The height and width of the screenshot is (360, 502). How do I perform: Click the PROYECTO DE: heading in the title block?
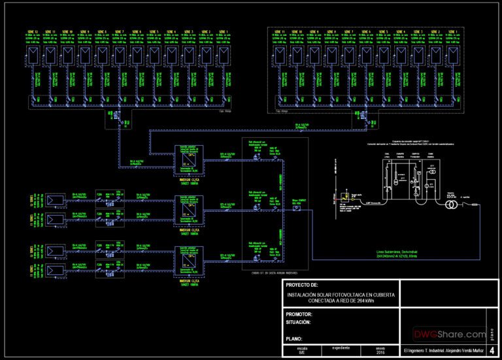coord(302,285)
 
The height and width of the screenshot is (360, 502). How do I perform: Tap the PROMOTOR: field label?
coord(301,314)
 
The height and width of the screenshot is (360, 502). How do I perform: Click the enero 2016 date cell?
coord(378,350)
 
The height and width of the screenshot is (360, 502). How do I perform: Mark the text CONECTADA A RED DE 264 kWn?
coord(340,301)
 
